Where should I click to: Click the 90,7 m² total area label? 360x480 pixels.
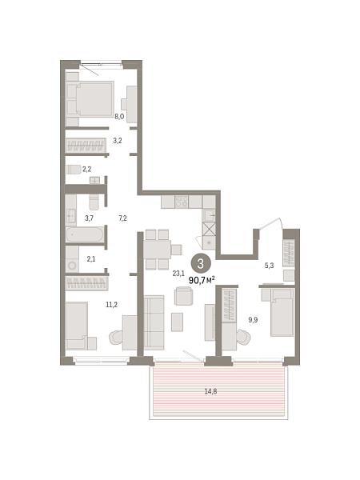point(202,280)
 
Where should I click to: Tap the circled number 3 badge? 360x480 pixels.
point(201,263)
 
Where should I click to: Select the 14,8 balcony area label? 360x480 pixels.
point(210,391)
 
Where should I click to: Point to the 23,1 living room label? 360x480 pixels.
point(178,273)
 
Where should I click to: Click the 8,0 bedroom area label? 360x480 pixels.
point(119,116)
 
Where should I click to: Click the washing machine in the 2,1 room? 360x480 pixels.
point(72,265)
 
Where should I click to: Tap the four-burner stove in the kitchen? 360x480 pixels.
point(182,202)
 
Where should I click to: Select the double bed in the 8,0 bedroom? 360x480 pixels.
point(90,98)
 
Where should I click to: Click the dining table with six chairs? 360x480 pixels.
point(161,250)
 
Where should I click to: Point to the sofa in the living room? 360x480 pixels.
point(154,322)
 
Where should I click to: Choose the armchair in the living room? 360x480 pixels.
point(184,296)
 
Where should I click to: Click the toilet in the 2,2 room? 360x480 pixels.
point(73,170)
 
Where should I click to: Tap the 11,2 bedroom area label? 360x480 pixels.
point(111,305)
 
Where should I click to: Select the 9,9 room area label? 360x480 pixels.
point(253,320)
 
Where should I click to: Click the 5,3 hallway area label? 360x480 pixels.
point(269,266)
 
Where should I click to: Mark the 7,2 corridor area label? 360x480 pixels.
point(122,218)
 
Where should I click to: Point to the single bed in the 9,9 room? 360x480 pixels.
point(282,312)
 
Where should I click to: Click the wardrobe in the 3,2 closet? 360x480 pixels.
point(86,145)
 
